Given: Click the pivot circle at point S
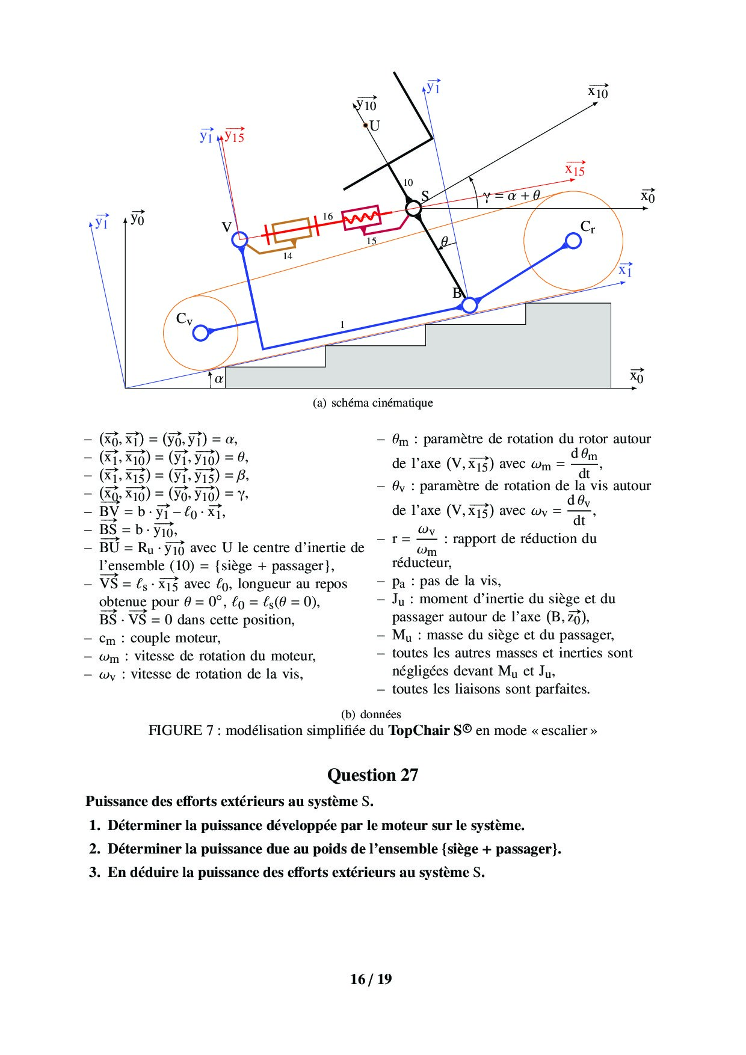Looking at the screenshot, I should [413, 208].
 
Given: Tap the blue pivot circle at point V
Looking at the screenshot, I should [239, 239].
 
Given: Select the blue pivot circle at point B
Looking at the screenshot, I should [469, 304].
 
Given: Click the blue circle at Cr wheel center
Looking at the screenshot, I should [573, 241].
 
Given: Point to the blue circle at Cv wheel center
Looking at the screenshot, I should [201, 332].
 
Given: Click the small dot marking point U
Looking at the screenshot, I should [365, 126].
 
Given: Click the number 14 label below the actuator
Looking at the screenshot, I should [288, 256].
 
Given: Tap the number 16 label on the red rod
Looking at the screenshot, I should [327, 217].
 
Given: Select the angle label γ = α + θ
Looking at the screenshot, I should [511, 195].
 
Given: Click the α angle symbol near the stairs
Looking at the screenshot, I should [218, 379].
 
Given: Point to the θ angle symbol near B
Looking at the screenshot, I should [444, 242].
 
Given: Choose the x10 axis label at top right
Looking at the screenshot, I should [598, 91].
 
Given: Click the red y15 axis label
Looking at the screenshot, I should [234, 136].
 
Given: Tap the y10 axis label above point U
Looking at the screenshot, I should [366, 105].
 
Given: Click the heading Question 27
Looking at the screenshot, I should [372, 775].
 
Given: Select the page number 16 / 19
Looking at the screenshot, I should [371, 979].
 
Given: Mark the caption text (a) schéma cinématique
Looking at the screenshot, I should [372, 403].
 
